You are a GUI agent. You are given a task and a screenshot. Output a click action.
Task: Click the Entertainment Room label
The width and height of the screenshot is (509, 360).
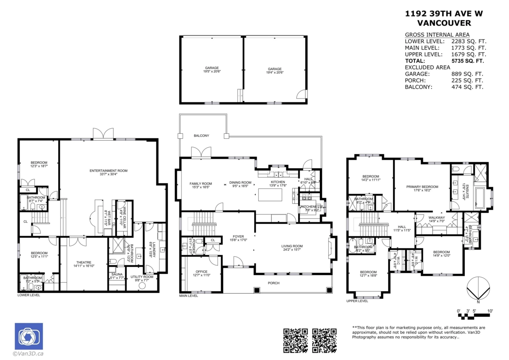pos(108,171)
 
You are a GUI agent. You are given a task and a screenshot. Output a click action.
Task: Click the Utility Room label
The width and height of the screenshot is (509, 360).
pos(142,276)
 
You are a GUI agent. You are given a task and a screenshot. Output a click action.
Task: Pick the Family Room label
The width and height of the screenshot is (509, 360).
pos(201,183)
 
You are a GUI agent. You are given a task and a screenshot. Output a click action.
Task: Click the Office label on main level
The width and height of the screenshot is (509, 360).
pos(201,272)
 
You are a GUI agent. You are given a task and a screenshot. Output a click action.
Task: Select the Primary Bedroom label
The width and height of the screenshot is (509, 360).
pos(422,186)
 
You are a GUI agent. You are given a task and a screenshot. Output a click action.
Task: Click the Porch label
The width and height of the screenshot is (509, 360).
pos(274,283)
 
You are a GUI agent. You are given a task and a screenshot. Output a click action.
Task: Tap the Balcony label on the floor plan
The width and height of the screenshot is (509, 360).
pos(201,135)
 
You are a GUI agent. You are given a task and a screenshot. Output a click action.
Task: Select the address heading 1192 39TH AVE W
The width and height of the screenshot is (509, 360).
pos(444,14)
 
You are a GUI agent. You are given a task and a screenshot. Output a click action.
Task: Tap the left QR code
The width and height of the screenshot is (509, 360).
pos(295,340)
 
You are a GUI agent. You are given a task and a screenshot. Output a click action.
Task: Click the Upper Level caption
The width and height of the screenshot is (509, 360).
pos(357,301)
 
